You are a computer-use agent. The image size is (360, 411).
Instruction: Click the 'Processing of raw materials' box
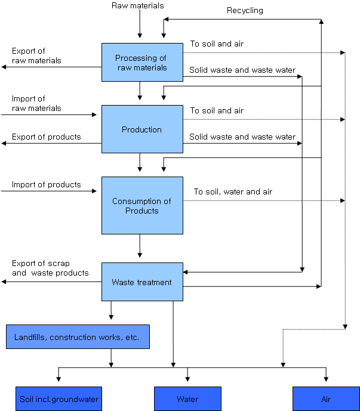pos(142,63)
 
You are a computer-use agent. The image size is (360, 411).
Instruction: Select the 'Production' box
pos(142,129)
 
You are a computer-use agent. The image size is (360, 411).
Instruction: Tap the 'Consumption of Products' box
pos(142,205)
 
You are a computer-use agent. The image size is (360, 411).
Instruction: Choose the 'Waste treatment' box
pos(142,282)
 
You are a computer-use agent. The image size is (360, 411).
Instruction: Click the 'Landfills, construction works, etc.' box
pos(78,337)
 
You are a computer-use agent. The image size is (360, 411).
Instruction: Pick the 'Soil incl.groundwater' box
pos(59,399)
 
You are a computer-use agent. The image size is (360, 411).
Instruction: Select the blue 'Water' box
pos(187,399)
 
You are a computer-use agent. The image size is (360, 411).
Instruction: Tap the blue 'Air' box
pos(326,399)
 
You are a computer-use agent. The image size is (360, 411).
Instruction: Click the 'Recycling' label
pos(245,10)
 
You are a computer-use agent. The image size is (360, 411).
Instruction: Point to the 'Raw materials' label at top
pos(137,6)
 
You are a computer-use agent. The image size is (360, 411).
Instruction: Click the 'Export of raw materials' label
pos(36,56)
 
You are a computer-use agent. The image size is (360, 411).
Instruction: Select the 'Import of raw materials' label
pos(36,104)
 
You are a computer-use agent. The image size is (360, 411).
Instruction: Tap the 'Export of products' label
pos(46,137)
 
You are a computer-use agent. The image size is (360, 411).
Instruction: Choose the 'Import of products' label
pos(46,184)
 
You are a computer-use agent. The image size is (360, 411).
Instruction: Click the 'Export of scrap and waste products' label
pos(50,268)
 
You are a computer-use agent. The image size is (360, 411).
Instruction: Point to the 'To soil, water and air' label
pos(233,191)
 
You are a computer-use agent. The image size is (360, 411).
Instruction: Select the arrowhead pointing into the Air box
pos(326,378)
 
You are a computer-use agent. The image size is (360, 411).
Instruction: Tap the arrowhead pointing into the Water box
pos(187,378)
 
